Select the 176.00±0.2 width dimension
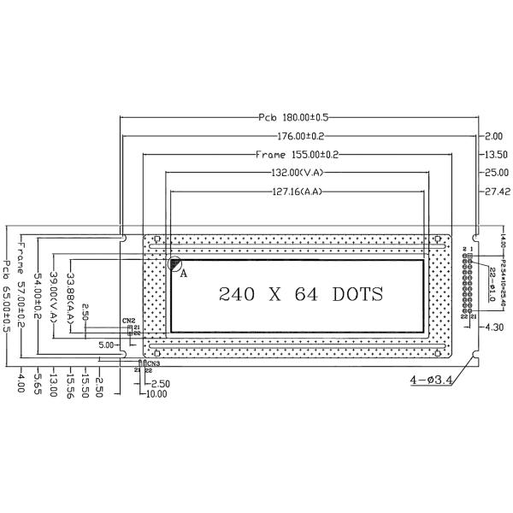point(293,136)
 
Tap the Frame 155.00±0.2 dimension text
point(297,155)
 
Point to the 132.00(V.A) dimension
point(295,174)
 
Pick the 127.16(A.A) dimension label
point(296,192)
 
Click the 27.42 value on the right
point(497,192)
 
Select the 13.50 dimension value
point(497,155)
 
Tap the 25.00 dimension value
point(497,174)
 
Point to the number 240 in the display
point(237,295)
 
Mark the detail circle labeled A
point(175,266)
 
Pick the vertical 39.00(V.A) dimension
point(55,295)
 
